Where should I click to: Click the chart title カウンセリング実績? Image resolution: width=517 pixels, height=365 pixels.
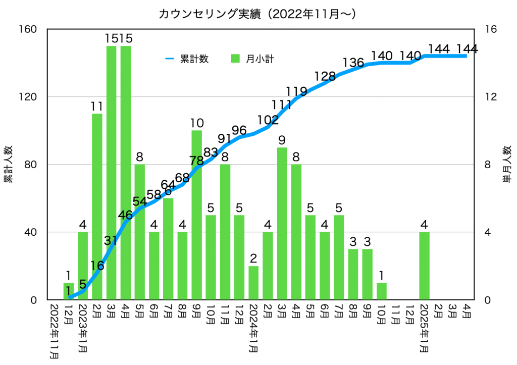point(258,14)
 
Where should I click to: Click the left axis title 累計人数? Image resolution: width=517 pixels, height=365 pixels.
point(8,165)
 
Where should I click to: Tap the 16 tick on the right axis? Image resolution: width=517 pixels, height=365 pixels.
point(490,29)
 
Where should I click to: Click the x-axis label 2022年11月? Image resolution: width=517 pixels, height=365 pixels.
point(54,330)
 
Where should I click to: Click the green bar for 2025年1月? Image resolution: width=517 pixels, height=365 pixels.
point(424,266)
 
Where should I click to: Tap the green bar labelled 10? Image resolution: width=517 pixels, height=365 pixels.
point(197,215)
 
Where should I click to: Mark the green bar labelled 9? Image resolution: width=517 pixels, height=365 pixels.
point(282,223)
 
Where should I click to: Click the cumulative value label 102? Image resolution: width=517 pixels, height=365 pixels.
point(268,121)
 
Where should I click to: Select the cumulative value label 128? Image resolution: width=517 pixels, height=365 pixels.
point(325,77)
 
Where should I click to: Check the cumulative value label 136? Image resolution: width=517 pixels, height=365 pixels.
point(353,63)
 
